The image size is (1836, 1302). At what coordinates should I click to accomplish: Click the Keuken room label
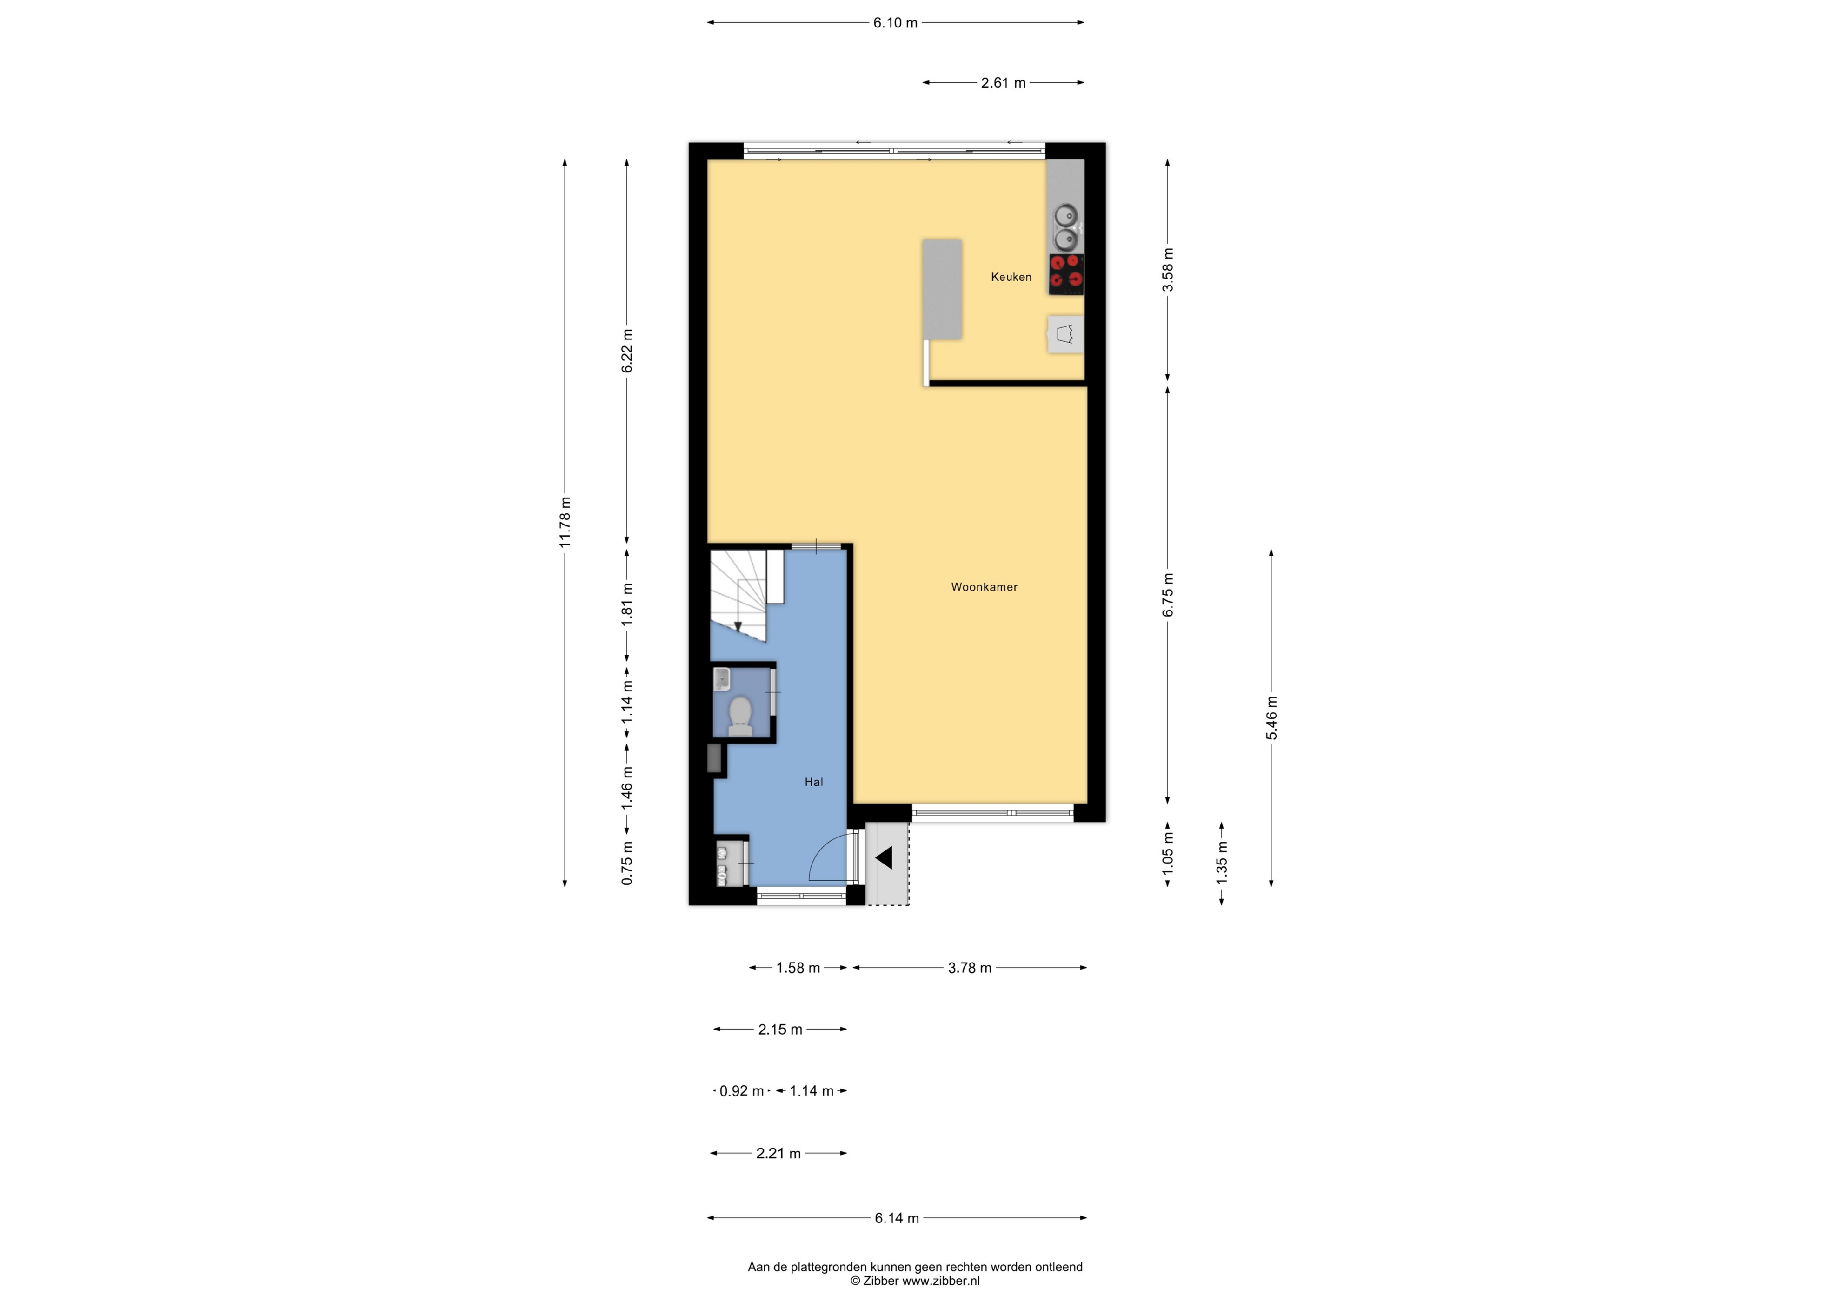coord(1011,278)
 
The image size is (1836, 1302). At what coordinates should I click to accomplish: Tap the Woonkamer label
coord(985,587)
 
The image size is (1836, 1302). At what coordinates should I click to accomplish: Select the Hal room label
coord(814,782)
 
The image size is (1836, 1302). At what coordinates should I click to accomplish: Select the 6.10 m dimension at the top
coord(896,22)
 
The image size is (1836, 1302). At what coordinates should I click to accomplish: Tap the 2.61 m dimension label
coord(1003,83)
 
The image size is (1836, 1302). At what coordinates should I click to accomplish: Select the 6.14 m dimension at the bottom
coord(896,1218)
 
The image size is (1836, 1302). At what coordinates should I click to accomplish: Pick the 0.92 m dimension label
coord(742,1091)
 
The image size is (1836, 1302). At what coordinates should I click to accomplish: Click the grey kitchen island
coord(942,289)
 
